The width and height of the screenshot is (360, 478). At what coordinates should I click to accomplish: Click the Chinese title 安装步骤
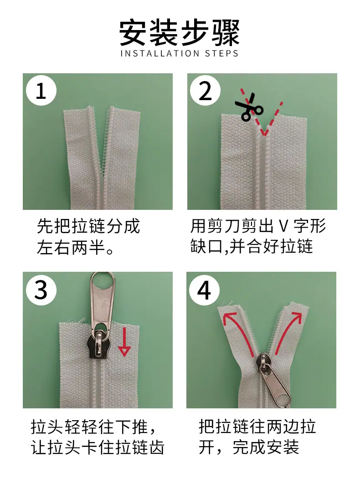(180, 33)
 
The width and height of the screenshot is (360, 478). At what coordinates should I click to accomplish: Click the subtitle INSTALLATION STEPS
(180, 53)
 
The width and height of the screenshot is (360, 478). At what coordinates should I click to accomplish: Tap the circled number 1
(41, 91)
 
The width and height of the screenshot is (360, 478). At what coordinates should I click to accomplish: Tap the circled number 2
(205, 91)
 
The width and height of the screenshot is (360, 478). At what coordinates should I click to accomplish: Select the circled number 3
(41, 290)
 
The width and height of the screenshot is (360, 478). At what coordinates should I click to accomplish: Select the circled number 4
(204, 290)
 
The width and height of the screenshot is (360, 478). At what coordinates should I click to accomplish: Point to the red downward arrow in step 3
(124, 341)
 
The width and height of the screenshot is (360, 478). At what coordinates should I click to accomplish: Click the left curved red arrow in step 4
(238, 333)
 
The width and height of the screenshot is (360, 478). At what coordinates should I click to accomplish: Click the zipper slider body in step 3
(98, 345)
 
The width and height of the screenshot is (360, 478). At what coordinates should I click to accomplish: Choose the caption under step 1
(88, 237)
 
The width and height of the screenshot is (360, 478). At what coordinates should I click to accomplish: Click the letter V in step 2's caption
(283, 226)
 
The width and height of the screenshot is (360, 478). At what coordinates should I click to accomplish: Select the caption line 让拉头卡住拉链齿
(98, 447)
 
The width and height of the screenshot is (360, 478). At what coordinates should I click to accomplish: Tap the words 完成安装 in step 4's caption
(266, 447)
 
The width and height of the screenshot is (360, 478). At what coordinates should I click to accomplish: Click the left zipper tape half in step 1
(83, 158)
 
